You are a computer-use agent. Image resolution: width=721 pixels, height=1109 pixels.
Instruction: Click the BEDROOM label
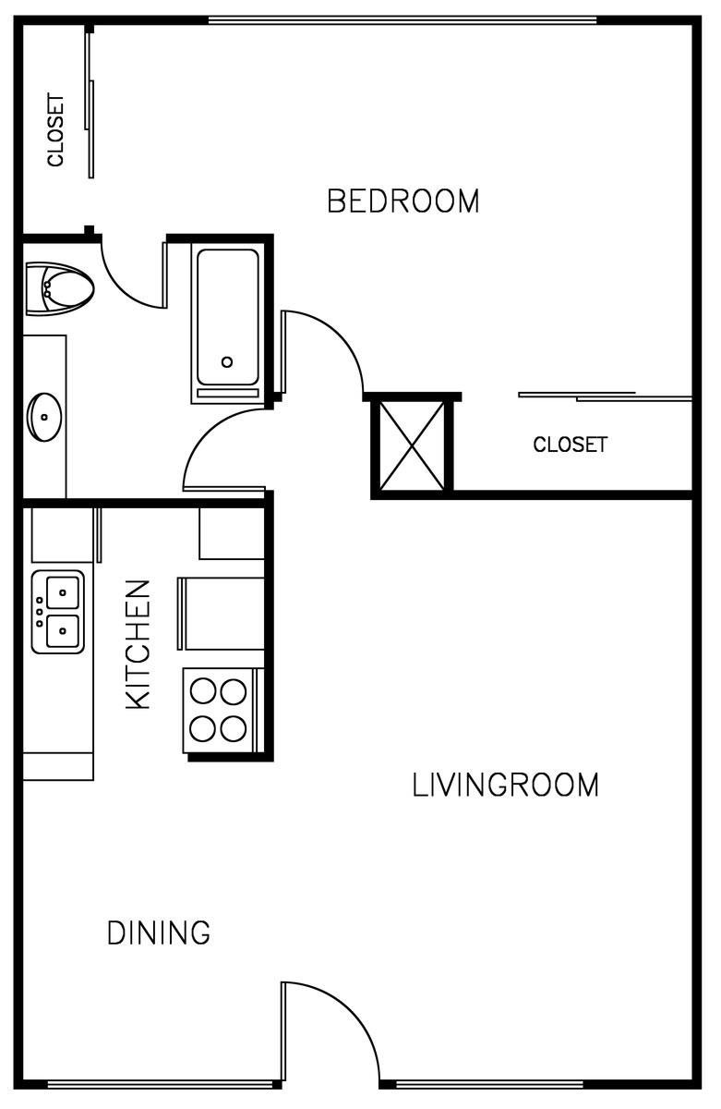click(403, 201)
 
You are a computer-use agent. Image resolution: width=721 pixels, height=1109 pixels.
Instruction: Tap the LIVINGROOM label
click(505, 786)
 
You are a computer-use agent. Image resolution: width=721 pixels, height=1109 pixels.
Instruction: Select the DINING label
click(159, 932)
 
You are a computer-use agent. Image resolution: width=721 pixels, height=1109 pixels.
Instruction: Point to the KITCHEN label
click(138, 645)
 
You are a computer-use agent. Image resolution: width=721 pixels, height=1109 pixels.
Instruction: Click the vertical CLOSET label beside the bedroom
click(56, 130)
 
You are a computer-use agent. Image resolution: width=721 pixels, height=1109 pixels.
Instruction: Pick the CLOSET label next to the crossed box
click(570, 445)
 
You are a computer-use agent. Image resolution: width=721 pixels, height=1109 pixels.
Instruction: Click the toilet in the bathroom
click(59, 288)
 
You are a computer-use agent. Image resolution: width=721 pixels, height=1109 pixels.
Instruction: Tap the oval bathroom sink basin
click(44, 417)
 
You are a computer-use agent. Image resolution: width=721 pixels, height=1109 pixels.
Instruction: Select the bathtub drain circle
click(227, 362)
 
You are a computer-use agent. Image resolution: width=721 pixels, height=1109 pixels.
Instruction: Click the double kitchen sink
click(58, 612)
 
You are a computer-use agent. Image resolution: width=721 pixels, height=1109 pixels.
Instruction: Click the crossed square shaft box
click(412, 445)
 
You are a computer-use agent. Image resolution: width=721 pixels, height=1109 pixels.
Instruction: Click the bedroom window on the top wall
click(403, 20)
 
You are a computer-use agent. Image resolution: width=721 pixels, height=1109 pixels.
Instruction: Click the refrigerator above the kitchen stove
click(221, 614)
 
